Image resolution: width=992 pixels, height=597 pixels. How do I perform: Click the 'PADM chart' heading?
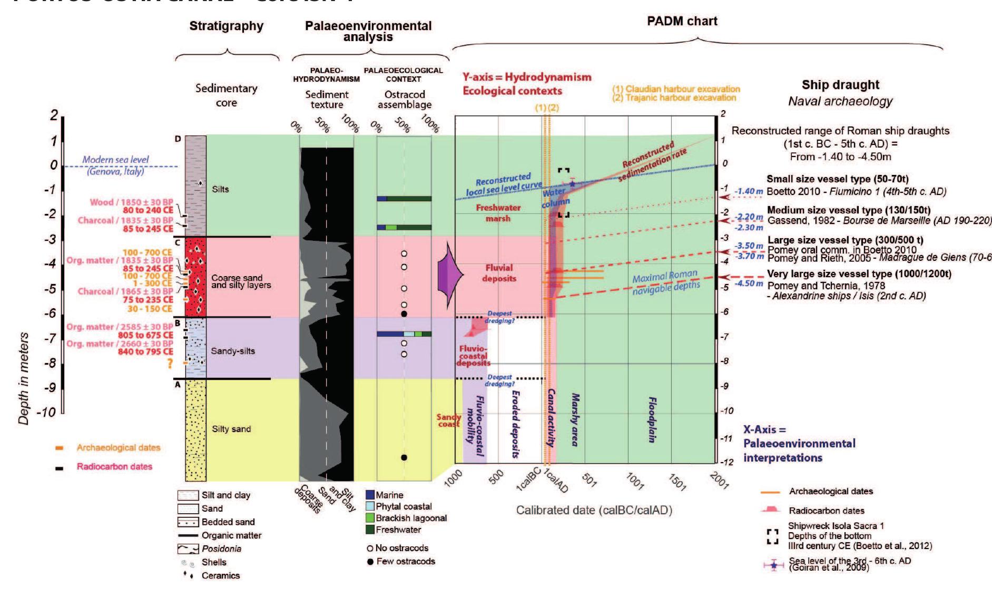coord(682,21)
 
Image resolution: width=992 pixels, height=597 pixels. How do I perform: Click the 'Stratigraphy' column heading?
coord(226,26)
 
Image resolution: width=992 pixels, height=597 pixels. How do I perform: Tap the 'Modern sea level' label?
coord(115,160)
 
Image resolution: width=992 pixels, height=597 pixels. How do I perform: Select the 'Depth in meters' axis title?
coord(24,378)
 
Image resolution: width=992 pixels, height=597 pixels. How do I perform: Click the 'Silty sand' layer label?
coord(231,429)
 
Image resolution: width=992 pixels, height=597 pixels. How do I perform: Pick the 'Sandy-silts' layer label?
coord(233,351)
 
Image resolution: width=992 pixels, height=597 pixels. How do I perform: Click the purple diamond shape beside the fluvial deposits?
coord(449,275)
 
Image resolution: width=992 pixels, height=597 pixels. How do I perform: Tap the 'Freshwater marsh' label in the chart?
coord(498,213)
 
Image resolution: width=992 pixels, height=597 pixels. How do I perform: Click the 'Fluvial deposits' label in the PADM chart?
coord(499,273)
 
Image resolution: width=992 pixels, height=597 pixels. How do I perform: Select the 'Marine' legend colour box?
coord(370,495)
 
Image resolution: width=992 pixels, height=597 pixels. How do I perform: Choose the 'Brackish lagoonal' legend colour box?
coord(370,518)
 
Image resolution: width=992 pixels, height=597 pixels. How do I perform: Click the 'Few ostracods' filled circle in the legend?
coord(370,562)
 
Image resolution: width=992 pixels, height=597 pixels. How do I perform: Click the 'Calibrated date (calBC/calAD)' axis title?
coord(594,510)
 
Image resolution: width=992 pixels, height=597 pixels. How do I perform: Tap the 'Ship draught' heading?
coord(840,85)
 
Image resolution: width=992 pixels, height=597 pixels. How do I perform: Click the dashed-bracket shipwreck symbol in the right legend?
coord(773,536)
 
